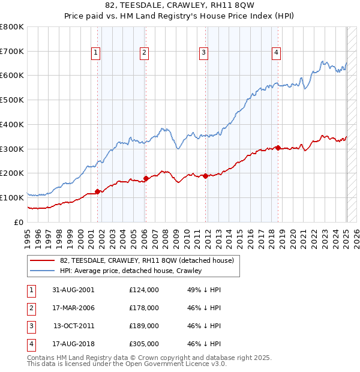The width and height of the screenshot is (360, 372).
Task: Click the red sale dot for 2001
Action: click(98, 192)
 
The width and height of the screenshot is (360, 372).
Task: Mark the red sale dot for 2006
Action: click(146, 178)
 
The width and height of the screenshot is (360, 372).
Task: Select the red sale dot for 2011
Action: click(206, 176)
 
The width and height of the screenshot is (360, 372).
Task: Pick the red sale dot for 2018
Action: click(278, 148)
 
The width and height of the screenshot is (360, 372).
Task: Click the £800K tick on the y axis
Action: click(12, 27)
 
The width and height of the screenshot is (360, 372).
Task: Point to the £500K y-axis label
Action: click(12, 100)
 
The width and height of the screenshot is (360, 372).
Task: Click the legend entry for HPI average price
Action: click(131, 271)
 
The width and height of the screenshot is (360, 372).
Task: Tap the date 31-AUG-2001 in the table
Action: click(73, 289)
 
